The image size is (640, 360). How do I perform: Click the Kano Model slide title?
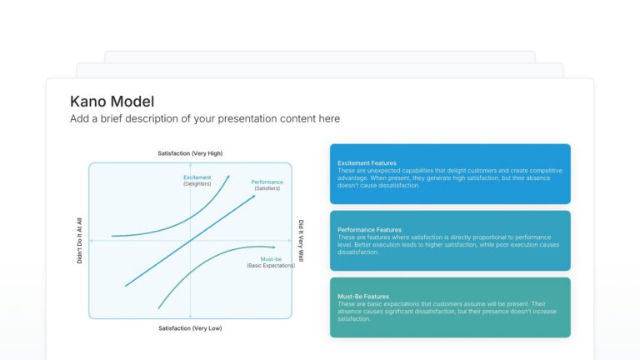click(x=112, y=102)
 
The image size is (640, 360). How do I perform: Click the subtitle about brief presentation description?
click(x=205, y=119)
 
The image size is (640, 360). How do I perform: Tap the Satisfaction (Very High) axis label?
click(x=190, y=153)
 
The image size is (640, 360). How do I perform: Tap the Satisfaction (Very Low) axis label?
click(x=190, y=328)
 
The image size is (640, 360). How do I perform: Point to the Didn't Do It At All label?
click(x=80, y=241)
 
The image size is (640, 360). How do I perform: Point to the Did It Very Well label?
click(x=301, y=241)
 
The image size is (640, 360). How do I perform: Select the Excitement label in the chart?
click(x=197, y=177)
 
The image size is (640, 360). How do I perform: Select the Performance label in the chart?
click(x=267, y=182)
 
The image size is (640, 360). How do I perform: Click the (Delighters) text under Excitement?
click(x=197, y=183)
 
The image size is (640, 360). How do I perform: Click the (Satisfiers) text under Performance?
click(x=267, y=189)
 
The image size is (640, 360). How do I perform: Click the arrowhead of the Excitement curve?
click(x=229, y=177)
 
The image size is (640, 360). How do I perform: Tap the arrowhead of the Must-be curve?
click(x=274, y=247)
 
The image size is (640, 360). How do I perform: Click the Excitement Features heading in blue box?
click(x=367, y=162)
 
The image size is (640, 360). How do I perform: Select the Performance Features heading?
click(x=369, y=229)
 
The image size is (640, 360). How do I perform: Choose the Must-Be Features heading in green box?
click(x=363, y=296)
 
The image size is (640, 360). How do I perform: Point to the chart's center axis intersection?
click(x=190, y=241)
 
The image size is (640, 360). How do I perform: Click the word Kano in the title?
click(x=88, y=102)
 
